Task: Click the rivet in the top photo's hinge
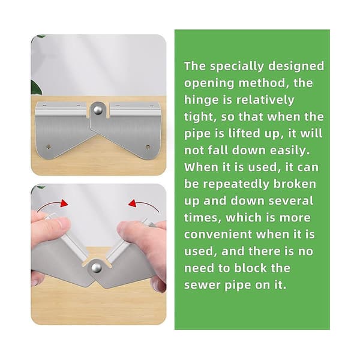98,110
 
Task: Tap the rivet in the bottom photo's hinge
96,268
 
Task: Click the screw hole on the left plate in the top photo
49,146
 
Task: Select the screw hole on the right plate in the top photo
148,147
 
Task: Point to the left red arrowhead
64,203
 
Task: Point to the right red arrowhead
133,203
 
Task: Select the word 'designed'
296,67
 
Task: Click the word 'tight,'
200,117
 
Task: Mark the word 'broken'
295,184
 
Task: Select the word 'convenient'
218,235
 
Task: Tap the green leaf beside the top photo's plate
36,88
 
